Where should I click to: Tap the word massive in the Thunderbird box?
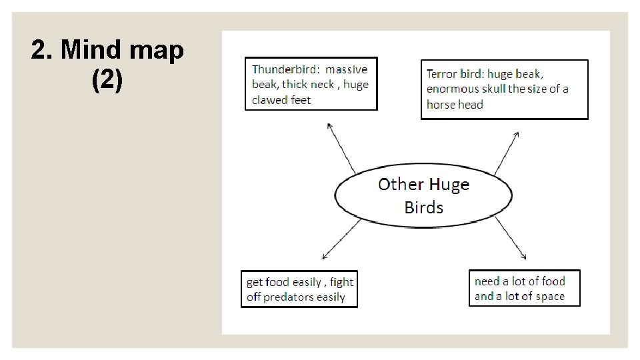click(347, 69)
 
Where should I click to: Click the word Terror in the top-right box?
click(441, 74)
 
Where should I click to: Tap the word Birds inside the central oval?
click(423, 207)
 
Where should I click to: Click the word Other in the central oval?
click(401, 185)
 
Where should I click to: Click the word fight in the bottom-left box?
click(342, 282)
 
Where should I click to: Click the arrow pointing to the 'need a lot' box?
click(511, 239)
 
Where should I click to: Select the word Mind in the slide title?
click(87, 51)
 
